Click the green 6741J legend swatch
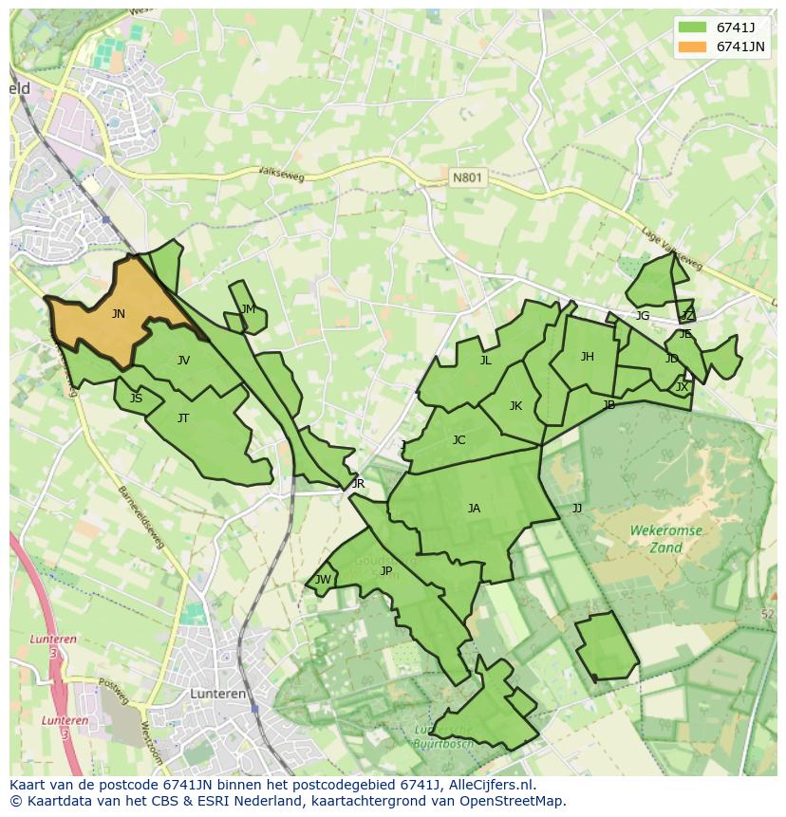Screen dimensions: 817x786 [693, 27]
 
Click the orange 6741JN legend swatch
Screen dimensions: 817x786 [693, 46]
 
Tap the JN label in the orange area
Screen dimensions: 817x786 [118, 314]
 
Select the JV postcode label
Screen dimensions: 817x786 [183, 361]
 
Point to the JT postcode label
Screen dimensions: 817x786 [183, 418]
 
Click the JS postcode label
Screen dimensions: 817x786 [136, 399]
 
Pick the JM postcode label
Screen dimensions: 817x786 [248, 309]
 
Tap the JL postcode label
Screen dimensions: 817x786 [485, 361]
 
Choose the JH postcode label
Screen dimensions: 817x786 [587, 357]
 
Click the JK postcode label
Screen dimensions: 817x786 [515, 406]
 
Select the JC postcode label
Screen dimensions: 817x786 [458, 440]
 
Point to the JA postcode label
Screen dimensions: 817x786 [474, 509]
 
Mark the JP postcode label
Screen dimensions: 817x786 [385, 571]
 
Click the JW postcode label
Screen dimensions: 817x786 [323, 580]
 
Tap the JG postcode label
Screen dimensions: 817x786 [643, 316]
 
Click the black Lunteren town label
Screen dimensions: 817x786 [218, 694]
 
